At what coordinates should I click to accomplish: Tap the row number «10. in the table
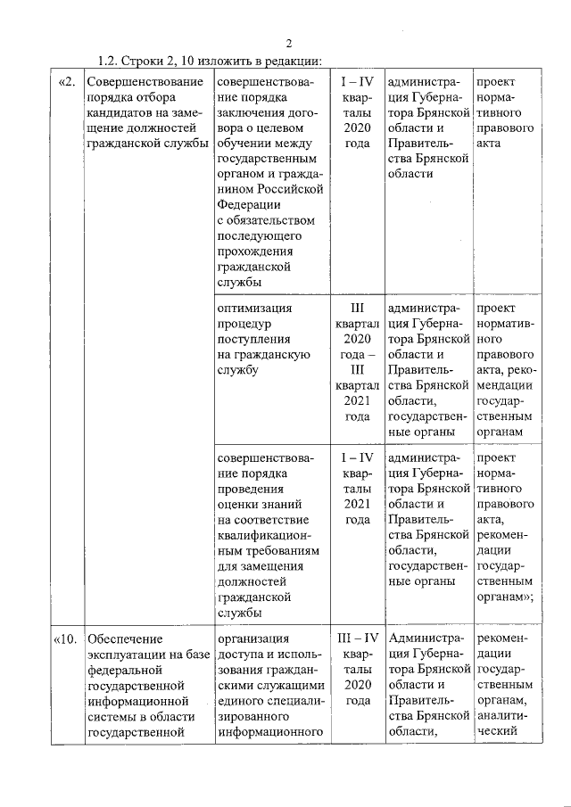[x=69, y=638]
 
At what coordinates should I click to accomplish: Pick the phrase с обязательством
[x=266, y=219]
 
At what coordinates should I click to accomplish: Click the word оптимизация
[x=254, y=309]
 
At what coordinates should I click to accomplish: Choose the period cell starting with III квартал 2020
[x=357, y=362]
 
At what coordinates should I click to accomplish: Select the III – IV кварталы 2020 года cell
[x=357, y=669]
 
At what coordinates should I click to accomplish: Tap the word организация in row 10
[x=254, y=638]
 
